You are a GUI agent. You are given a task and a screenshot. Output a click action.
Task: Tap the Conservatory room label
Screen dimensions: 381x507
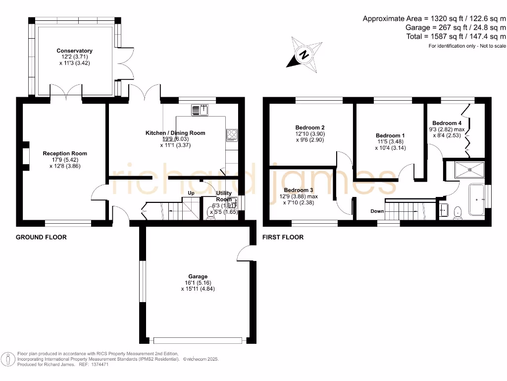click(x=74, y=51)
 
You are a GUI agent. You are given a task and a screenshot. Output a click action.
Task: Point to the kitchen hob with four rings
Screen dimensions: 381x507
click(x=232, y=133)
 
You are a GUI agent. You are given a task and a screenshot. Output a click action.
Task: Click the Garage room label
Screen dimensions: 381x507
click(x=198, y=276)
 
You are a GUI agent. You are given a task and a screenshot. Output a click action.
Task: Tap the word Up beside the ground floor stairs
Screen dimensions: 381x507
click(x=190, y=193)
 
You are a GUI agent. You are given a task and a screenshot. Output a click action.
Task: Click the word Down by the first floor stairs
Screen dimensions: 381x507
click(x=377, y=211)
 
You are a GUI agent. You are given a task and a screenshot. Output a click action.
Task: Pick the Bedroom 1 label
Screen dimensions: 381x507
click(x=390, y=135)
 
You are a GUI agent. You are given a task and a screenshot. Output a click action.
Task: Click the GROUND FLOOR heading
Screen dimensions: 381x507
click(x=41, y=237)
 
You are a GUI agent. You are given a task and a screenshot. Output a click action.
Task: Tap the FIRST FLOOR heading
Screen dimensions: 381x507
click(x=283, y=237)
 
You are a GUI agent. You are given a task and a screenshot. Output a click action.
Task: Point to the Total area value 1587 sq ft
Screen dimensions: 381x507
click(x=456, y=36)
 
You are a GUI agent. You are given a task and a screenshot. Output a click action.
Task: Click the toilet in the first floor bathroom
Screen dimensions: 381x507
click(x=457, y=211)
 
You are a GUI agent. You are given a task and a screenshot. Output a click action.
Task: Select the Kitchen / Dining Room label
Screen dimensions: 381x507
click(x=175, y=133)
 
